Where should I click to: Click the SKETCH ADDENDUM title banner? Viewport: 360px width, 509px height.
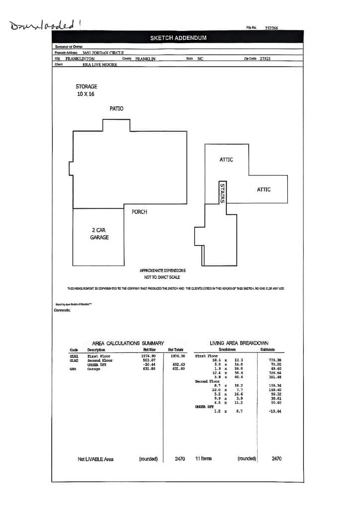(x=178, y=38)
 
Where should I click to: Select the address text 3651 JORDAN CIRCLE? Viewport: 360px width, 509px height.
(x=103, y=53)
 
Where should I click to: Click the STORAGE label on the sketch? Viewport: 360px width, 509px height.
(x=86, y=86)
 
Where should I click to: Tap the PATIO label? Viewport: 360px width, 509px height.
(x=116, y=108)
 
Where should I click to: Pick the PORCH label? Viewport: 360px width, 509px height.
(x=139, y=212)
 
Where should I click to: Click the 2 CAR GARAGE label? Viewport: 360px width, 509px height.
(x=99, y=234)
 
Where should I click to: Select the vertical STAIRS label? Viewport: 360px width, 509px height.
(x=222, y=192)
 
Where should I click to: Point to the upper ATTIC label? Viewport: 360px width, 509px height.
(x=226, y=160)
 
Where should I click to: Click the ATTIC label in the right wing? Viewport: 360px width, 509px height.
(x=264, y=189)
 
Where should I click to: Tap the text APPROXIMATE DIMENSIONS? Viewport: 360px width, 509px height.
(x=162, y=270)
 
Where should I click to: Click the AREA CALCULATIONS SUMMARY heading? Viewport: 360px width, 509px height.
(x=128, y=343)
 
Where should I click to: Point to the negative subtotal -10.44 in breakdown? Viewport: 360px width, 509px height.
(x=274, y=412)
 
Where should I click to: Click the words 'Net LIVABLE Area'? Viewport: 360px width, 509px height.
(x=95, y=459)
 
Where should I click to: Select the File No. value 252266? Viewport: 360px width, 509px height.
(x=271, y=28)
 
